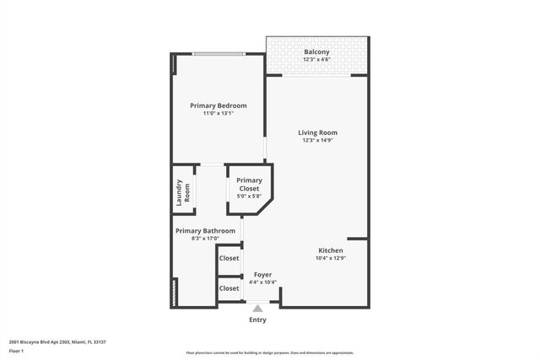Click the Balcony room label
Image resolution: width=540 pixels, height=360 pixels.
[x=317, y=52]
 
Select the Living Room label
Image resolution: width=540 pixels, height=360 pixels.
[x=317, y=132]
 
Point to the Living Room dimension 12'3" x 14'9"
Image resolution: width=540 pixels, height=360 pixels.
[x=317, y=141]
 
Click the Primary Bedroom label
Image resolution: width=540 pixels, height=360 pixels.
[x=218, y=105]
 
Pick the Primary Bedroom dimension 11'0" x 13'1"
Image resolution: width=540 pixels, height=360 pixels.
[x=218, y=114]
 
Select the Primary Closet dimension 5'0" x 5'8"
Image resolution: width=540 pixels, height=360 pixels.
[x=249, y=196]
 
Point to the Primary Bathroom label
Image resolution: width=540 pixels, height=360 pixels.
[x=205, y=230]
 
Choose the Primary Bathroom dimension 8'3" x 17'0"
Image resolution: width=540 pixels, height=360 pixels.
[x=205, y=239]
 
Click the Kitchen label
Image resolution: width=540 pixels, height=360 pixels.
[x=330, y=250]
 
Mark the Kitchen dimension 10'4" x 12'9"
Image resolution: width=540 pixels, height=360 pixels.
[x=330, y=259]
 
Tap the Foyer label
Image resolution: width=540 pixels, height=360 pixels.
[x=262, y=274]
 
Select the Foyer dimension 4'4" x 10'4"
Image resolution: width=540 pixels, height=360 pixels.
[x=262, y=282]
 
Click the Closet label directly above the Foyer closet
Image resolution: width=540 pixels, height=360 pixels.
[x=229, y=258]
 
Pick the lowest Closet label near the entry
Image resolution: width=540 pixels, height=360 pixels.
[x=229, y=288]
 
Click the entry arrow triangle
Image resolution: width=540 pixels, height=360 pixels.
[x=258, y=309]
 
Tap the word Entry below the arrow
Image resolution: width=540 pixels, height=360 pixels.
[x=258, y=320]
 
